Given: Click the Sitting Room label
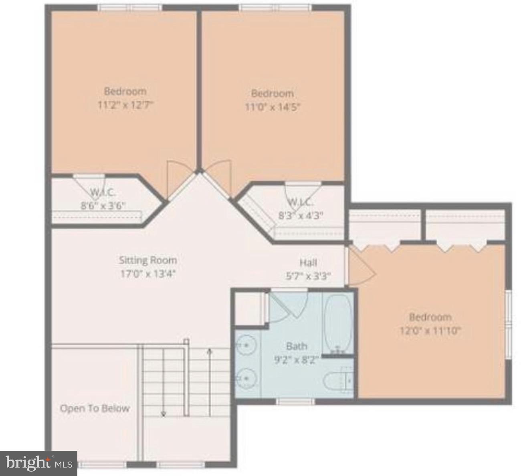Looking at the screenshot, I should coord(147,260).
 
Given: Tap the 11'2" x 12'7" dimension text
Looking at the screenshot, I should coord(125,105).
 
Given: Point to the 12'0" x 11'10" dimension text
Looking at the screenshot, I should coord(430,331).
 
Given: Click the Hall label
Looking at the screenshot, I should coord(308,263).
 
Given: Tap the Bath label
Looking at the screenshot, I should coord(297,346).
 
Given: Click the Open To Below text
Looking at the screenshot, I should coord(95,408).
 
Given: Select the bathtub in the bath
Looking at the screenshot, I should coord(338,323).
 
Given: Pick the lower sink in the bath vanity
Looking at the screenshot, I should coord(246,378).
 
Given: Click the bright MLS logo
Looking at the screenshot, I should coord(38,463).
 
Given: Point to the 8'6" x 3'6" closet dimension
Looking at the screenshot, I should coord(103,206).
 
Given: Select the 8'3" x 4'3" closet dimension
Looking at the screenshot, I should coord(301,215).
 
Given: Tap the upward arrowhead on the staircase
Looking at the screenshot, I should coord(209,351).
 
